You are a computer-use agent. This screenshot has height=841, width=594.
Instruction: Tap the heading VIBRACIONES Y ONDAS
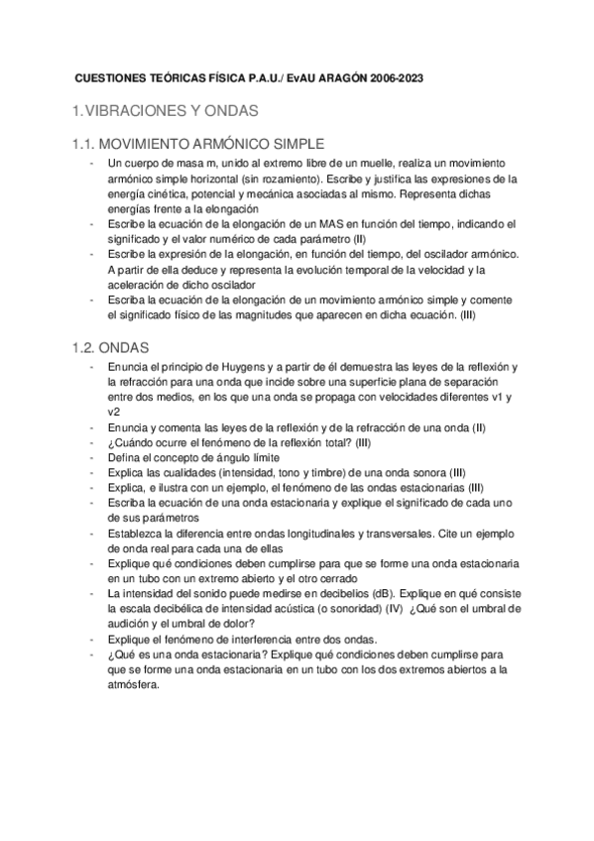click(x=171, y=110)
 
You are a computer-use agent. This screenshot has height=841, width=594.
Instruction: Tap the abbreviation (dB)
click(x=357, y=592)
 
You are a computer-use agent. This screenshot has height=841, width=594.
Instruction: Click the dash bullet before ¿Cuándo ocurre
click(x=91, y=441)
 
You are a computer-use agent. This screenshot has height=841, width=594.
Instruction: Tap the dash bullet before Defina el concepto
click(x=91, y=457)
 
